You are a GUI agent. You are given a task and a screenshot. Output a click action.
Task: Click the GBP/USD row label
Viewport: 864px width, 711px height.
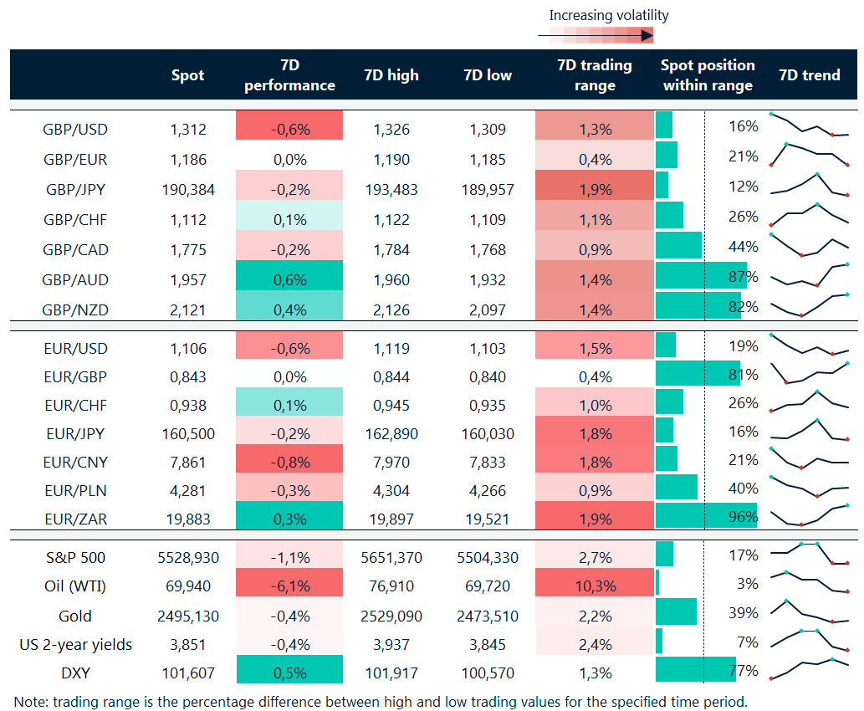pyautogui.click(x=75, y=130)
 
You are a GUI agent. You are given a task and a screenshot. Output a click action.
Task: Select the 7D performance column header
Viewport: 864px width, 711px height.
pyautogui.click(x=289, y=75)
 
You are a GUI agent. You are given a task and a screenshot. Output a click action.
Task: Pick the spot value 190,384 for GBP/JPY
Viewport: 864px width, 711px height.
pyautogui.click(x=187, y=190)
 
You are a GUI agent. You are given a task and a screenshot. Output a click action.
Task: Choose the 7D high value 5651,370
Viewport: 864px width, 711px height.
pyautogui.click(x=391, y=556)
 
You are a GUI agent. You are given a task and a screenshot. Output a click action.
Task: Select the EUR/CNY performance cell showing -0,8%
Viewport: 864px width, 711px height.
pyautogui.click(x=289, y=463)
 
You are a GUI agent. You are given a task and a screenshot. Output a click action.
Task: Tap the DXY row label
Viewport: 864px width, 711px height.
pyautogui.click(x=75, y=673)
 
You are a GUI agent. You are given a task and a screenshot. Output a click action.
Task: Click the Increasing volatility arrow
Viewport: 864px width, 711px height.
pyautogui.click(x=595, y=35)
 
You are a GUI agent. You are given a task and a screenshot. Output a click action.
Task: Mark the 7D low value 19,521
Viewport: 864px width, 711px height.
pyautogui.click(x=487, y=519)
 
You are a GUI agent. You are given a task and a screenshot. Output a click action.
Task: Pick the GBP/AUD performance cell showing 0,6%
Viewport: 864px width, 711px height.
pyautogui.click(x=289, y=280)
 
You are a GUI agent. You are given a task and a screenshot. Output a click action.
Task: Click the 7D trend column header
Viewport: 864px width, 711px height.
pyautogui.click(x=809, y=75)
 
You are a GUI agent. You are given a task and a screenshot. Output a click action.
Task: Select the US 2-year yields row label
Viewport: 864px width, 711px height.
pyautogui.click(x=75, y=645)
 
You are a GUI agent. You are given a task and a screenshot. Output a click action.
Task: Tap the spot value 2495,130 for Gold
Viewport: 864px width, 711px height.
pyautogui.click(x=187, y=616)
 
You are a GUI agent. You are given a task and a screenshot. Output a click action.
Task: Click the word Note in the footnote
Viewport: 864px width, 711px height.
pyautogui.click(x=31, y=701)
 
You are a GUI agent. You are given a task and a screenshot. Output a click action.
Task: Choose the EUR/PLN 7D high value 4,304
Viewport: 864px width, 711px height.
pyautogui.click(x=391, y=491)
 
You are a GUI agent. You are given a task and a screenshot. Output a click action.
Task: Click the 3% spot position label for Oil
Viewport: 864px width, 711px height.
pyautogui.click(x=748, y=583)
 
